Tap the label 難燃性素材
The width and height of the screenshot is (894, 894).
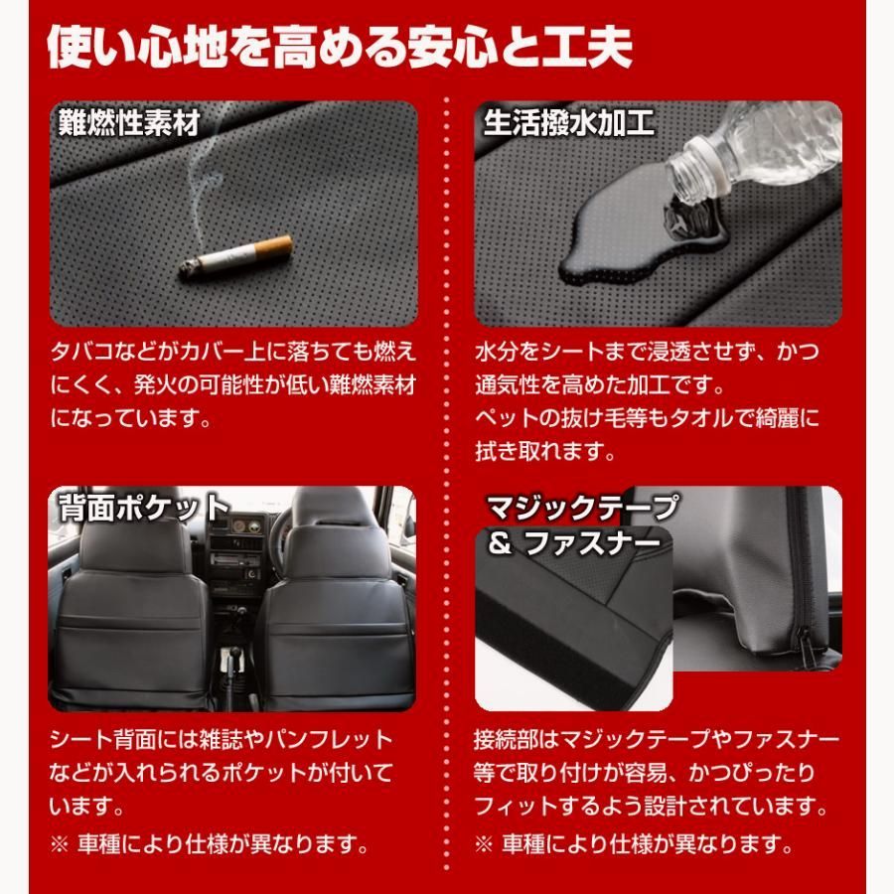pyautogui.click(x=130, y=123)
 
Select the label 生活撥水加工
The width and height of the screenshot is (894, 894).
pyautogui.click(x=568, y=123)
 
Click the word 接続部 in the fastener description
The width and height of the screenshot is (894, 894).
pyautogui.click(x=503, y=739)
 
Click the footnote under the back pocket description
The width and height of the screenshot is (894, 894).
pyautogui.click(x=210, y=846)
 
